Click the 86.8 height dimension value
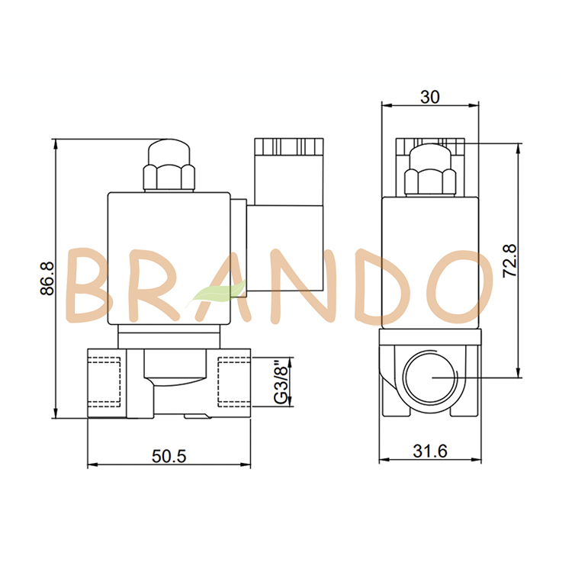click(x=47, y=278)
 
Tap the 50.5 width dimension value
click(x=169, y=456)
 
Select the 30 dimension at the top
click(x=430, y=97)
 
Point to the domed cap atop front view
click(x=169, y=149)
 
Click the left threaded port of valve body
click(x=105, y=379)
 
